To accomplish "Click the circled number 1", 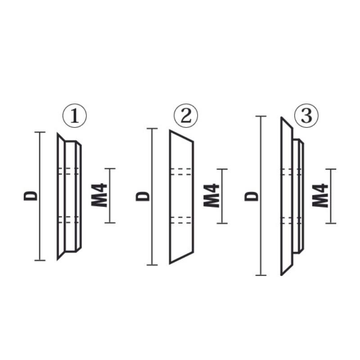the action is [75, 116].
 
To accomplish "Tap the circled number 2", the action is [186, 116].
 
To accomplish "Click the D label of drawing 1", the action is [31, 196].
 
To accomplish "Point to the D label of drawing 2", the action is [143, 196].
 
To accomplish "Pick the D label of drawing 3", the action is [252, 196].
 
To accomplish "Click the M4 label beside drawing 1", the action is [99, 195].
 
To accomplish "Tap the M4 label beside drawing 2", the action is [211, 195].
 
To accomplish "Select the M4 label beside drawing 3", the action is [320, 195].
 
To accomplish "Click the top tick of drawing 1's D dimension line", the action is [40, 132].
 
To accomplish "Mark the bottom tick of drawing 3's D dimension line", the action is [261, 275].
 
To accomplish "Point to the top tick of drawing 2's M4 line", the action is [222, 169].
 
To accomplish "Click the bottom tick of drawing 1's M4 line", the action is [110, 223].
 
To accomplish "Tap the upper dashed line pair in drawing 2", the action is [181, 172].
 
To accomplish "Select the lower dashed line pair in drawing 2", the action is [181, 220].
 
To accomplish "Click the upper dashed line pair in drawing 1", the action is [69, 171].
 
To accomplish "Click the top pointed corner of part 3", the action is [282, 117].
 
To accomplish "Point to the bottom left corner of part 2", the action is [170, 264].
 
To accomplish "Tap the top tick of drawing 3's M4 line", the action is [331, 169].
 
